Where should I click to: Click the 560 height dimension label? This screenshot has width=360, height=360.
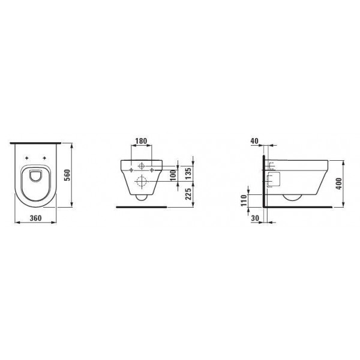click(x=67, y=175)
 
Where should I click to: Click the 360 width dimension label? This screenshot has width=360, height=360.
click(x=35, y=218)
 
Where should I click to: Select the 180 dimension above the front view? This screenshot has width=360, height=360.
click(x=141, y=141)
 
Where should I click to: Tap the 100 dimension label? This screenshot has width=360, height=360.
click(x=173, y=175)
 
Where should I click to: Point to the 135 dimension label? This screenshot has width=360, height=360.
click(x=188, y=174)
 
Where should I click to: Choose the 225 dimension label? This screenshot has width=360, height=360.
click(x=188, y=194)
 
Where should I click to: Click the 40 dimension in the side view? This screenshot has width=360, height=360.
click(x=254, y=141)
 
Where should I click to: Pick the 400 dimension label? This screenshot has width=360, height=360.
click(x=338, y=184)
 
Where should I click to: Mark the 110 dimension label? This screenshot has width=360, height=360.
click(x=244, y=200)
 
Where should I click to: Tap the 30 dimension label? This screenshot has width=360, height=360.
click(x=255, y=218)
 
